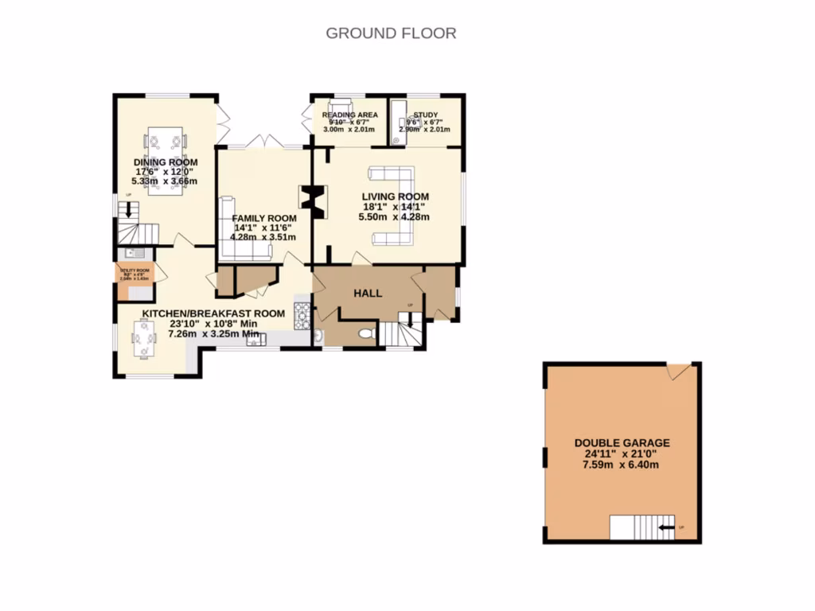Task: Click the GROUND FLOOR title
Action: [391, 33]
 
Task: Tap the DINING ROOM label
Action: [166, 162]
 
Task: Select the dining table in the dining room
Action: [166, 142]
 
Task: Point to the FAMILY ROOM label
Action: [264, 218]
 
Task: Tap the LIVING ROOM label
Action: [395, 197]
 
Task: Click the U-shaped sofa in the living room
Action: [396, 204]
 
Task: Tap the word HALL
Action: [367, 294]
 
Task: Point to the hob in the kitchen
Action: [302, 315]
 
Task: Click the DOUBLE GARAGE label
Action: [622, 443]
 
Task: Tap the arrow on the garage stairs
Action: [665, 526]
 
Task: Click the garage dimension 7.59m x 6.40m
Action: [622, 465]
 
